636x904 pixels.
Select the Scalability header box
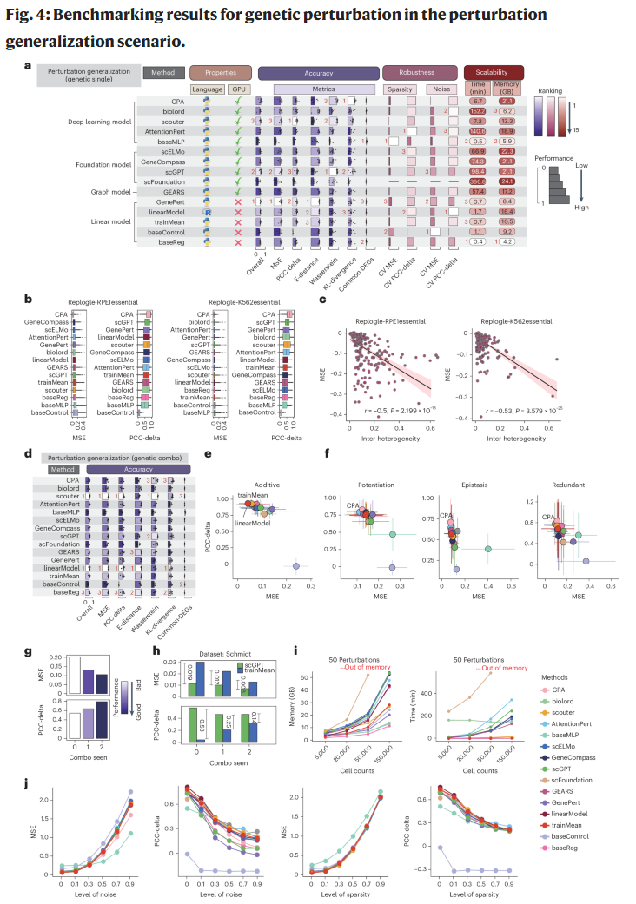tap(494, 73)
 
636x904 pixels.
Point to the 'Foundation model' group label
tap(98, 163)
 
